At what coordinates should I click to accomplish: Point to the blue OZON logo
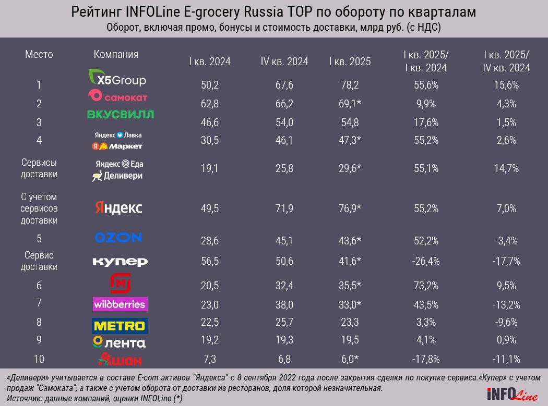[118, 237]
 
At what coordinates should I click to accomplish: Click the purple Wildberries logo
[120, 304]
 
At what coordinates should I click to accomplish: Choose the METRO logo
[120, 326]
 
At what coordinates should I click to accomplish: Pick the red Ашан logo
[120, 360]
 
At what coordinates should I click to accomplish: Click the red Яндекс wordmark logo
[118, 208]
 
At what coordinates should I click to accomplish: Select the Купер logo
[120, 261]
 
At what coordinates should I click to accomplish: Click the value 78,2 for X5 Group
[350, 85]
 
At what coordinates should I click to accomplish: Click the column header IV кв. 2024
[284, 61]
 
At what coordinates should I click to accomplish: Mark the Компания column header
[116, 55]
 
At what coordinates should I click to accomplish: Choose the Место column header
[39, 55]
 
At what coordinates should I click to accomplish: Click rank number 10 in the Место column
[39, 359]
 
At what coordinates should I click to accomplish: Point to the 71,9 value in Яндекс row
[284, 208]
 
